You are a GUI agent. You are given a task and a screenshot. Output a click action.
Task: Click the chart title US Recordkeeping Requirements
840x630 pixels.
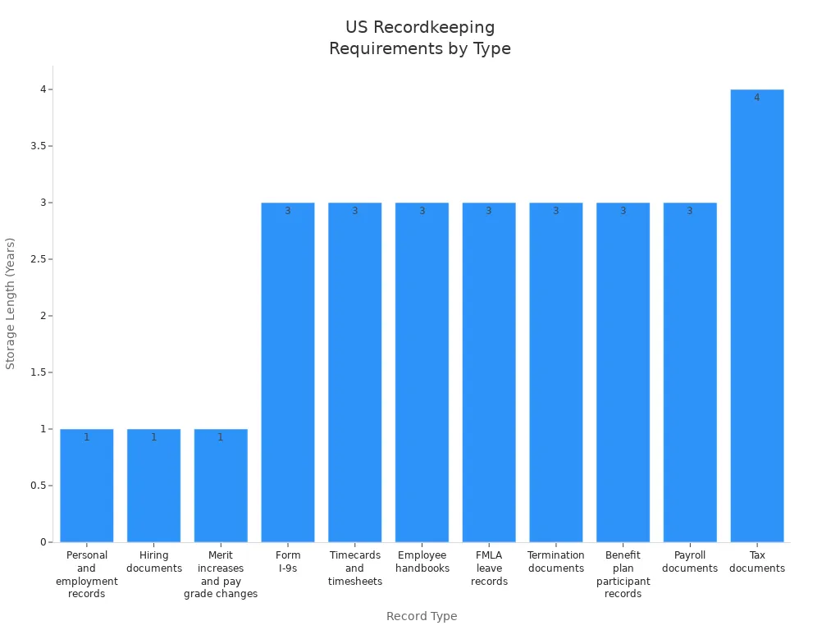click(x=420, y=38)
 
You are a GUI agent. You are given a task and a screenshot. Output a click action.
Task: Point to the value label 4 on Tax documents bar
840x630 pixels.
click(x=756, y=98)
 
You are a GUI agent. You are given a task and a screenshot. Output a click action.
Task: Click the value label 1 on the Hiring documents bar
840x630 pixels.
click(x=153, y=437)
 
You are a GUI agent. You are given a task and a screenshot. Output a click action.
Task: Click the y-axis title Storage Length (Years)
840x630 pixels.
click(x=11, y=304)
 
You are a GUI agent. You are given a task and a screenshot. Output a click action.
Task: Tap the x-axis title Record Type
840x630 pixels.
click(x=422, y=616)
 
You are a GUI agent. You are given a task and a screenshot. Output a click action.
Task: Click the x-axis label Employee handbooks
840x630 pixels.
click(x=422, y=562)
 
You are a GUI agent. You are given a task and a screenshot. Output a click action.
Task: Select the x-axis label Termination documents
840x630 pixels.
click(x=556, y=562)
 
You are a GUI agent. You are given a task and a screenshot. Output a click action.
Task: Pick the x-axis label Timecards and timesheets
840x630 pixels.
click(x=354, y=568)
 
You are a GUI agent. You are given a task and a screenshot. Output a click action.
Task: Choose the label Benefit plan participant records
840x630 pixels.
click(x=623, y=574)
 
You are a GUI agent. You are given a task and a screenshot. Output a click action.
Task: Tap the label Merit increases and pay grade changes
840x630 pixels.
click(x=221, y=574)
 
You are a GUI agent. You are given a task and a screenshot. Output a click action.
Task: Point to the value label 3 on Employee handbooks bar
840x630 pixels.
click(x=422, y=211)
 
